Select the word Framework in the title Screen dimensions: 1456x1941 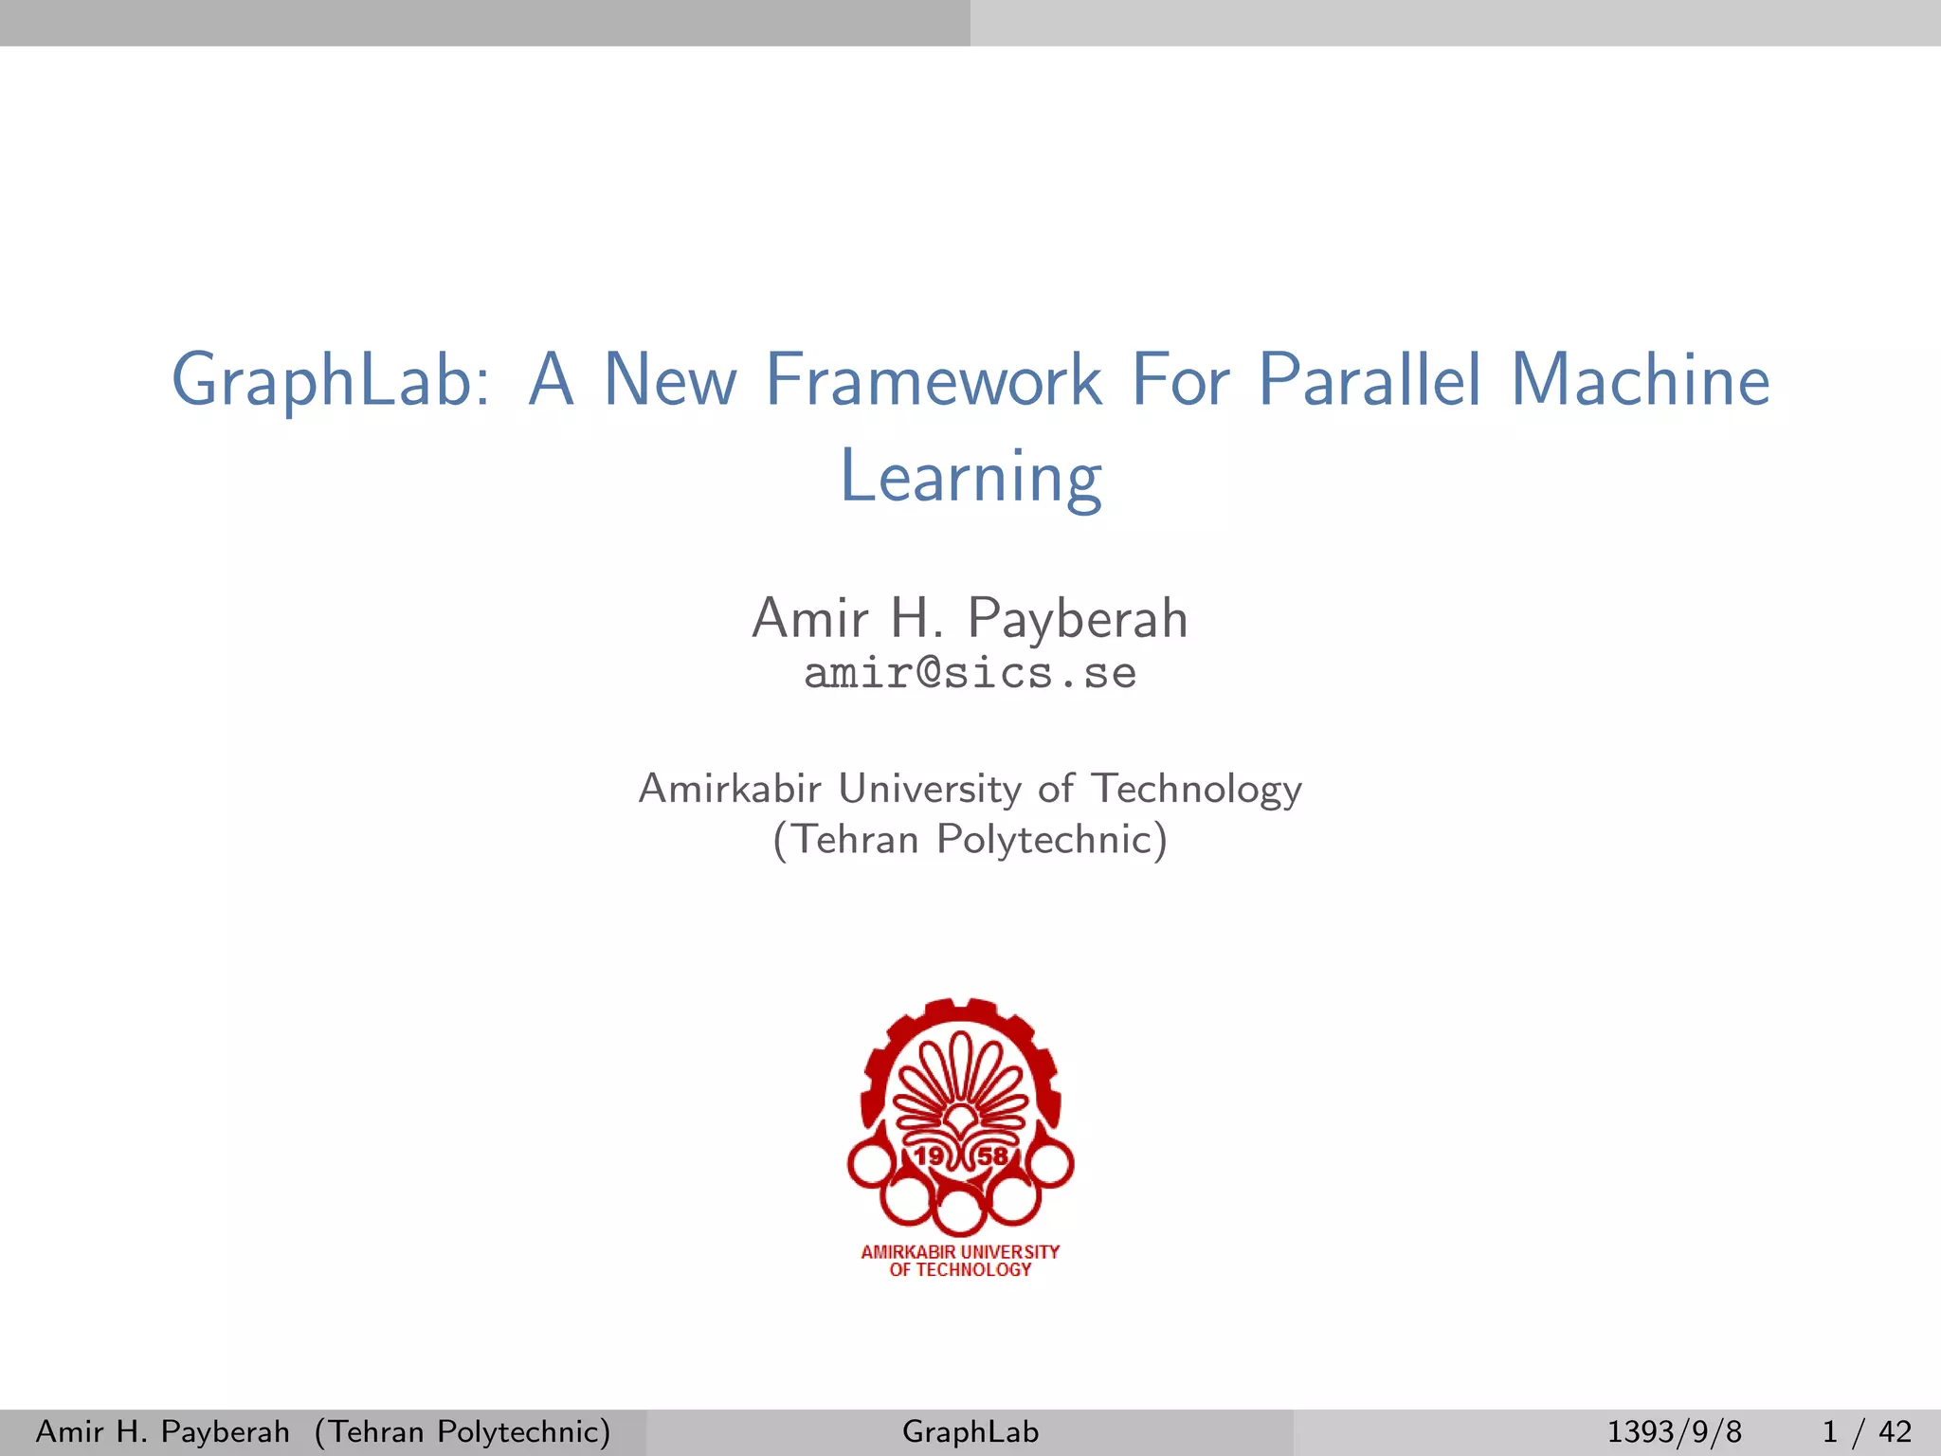point(933,381)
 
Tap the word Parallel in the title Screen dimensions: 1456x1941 point(1369,381)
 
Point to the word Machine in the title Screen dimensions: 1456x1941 point(1640,381)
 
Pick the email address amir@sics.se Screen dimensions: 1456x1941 point(970,674)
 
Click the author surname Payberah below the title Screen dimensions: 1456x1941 point(1078,619)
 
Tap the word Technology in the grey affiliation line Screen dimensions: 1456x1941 point(1196,789)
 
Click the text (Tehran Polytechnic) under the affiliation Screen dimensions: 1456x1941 point(970,840)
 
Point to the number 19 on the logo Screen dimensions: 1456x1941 point(929,1156)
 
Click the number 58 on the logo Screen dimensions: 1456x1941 point(992,1156)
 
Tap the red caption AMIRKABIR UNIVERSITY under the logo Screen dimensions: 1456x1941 point(960,1252)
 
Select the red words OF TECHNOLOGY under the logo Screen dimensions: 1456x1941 point(960,1270)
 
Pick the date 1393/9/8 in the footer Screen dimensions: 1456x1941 point(1674,1431)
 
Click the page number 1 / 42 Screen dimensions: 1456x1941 point(1866,1431)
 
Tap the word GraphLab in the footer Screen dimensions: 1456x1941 point(970,1431)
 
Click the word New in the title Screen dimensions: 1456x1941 point(670,381)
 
